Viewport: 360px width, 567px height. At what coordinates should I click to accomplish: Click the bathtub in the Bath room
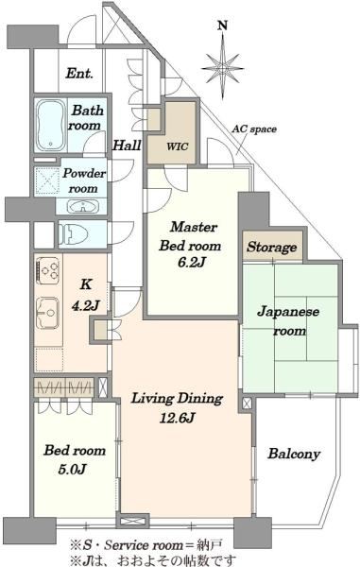(51, 126)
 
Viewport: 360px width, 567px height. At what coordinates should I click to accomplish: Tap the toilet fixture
(74, 234)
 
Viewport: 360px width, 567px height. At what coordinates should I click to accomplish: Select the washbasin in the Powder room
(84, 207)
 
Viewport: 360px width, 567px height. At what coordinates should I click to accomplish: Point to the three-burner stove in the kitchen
(48, 270)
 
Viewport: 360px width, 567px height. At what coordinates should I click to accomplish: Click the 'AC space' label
(254, 129)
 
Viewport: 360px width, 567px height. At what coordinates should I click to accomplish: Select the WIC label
(177, 146)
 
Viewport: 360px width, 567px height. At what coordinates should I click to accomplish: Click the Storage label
(272, 248)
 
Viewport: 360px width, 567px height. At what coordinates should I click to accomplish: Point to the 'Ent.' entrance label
(79, 74)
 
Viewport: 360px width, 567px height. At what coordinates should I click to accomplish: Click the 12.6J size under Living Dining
(177, 418)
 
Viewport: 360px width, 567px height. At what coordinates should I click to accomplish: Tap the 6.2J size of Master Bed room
(192, 263)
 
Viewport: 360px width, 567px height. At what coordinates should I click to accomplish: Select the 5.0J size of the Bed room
(72, 470)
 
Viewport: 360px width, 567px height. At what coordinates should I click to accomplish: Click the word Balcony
(294, 455)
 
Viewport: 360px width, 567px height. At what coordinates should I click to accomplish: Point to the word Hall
(127, 146)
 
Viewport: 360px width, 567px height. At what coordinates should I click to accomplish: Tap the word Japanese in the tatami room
(288, 312)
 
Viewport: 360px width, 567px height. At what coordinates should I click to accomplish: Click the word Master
(194, 227)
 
